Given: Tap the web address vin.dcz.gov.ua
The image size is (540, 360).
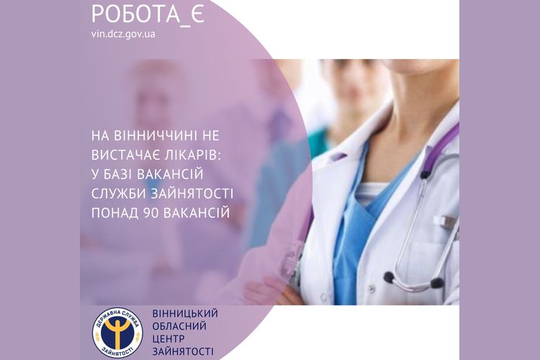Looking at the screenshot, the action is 123,35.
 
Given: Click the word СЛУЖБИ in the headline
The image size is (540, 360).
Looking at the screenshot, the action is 119,194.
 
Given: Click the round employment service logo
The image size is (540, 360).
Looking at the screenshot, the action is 117,332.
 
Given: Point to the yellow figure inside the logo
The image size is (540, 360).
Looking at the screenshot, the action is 117,331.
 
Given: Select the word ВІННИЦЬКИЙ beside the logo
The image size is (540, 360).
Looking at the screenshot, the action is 185,313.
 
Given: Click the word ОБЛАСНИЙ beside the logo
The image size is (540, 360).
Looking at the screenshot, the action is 179,326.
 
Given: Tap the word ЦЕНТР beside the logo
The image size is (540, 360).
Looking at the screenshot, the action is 168,338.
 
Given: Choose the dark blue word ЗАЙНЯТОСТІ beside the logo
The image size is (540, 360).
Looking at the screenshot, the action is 183,351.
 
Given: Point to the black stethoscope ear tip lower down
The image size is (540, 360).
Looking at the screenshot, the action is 389,276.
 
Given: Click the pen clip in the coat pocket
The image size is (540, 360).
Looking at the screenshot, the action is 446,222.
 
